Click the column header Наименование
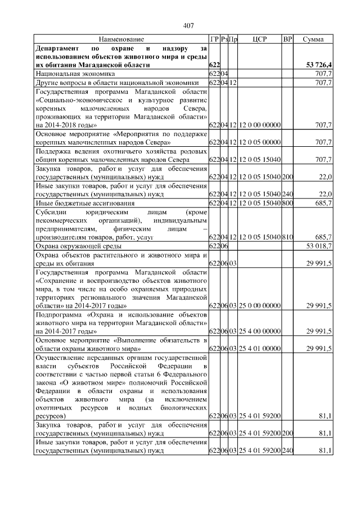click(121, 39)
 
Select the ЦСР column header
click(259, 39)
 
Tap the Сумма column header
click(313, 39)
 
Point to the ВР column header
click(287, 39)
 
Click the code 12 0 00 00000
click(259, 124)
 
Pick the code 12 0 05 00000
click(259, 143)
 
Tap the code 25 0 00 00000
click(259, 305)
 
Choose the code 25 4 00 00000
click(259, 332)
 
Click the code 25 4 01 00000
click(259, 349)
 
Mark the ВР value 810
click(287, 238)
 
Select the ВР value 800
click(287, 202)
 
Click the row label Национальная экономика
click(75, 74)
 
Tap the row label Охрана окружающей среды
click(78, 246)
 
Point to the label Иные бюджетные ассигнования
click(85, 202)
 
